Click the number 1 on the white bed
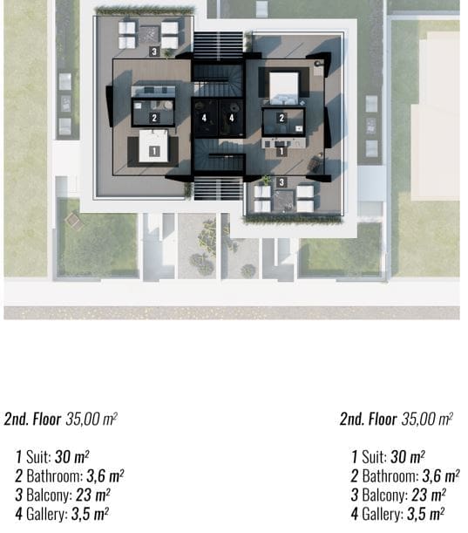pyautogui.click(x=154, y=151)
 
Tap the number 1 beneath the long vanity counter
pyautogui.click(x=281, y=152)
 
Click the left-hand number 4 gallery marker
pyautogui.click(x=204, y=118)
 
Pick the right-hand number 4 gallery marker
pyautogui.click(x=232, y=118)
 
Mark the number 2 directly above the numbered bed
pyautogui.click(x=154, y=118)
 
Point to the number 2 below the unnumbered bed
pyautogui.click(x=281, y=118)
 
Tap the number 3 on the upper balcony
pyautogui.click(x=154, y=51)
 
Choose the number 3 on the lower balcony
pyautogui.click(x=281, y=182)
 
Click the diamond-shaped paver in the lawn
pyautogui.click(x=73, y=220)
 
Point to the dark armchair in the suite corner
pyautogui.click(x=315, y=166)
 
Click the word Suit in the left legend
pyautogui.click(x=38, y=456)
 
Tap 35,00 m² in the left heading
pyautogui.click(x=92, y=419)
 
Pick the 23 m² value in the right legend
pyautogui.click(x=429, y=495)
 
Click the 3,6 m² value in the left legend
pyautogui.click(x=105, y=476)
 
